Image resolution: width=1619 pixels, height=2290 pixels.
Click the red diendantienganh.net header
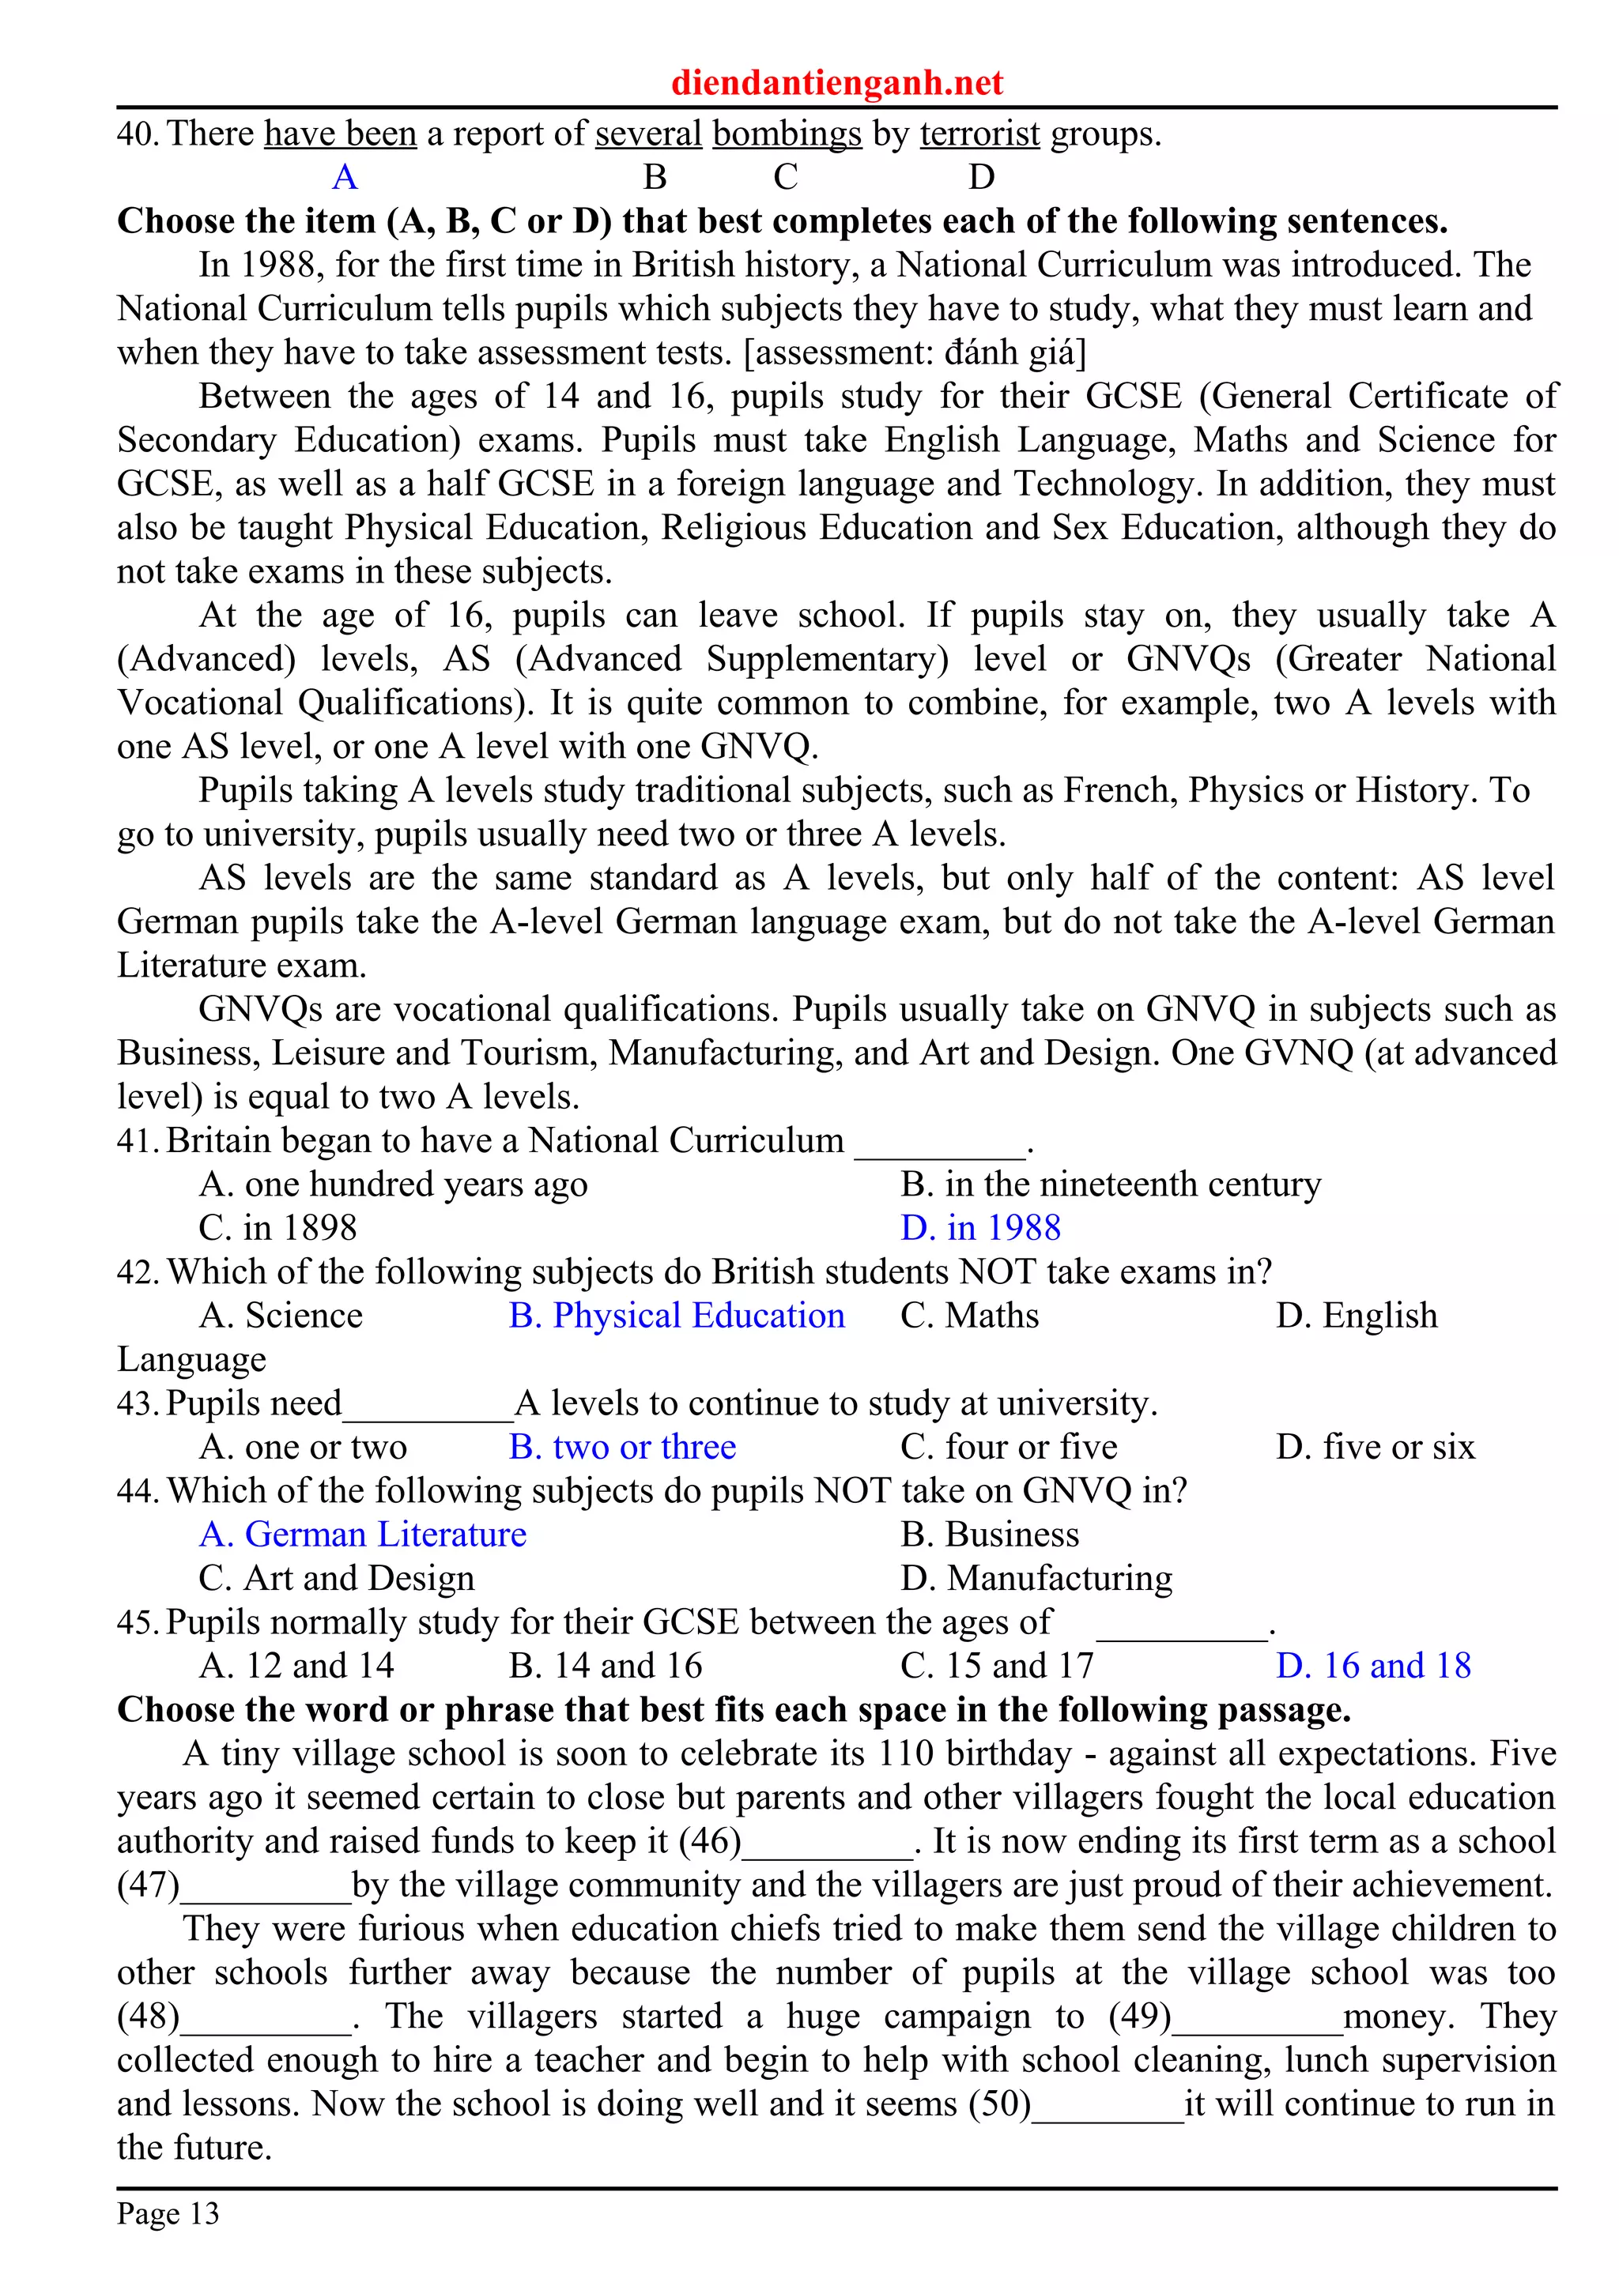click(x=836, y=82)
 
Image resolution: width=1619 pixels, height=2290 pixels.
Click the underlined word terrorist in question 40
click(x=979, y=134)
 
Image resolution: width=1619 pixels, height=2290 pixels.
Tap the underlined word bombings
click(x=787, y=134)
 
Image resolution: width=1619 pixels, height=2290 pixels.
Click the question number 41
click(x=138, y=1141)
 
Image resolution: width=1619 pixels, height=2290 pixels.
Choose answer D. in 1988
click(x=980, y=1228)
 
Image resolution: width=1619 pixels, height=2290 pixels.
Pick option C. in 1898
click(x=277, y=1228)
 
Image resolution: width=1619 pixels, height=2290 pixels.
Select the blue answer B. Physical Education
click(x=677, y=1316)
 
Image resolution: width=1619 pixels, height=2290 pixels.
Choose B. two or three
click(x=622, y=1447)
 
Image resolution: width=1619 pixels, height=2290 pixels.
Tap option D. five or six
click(x=1375, y=1447)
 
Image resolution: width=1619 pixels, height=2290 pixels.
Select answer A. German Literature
click(x=362, y=1535)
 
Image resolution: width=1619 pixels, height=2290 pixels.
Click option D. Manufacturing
click(x=1036, y=1579)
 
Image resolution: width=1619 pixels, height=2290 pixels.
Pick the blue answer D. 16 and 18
click(x=1374, y=1667)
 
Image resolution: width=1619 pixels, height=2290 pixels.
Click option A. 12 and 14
click(x=296, y=1667)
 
